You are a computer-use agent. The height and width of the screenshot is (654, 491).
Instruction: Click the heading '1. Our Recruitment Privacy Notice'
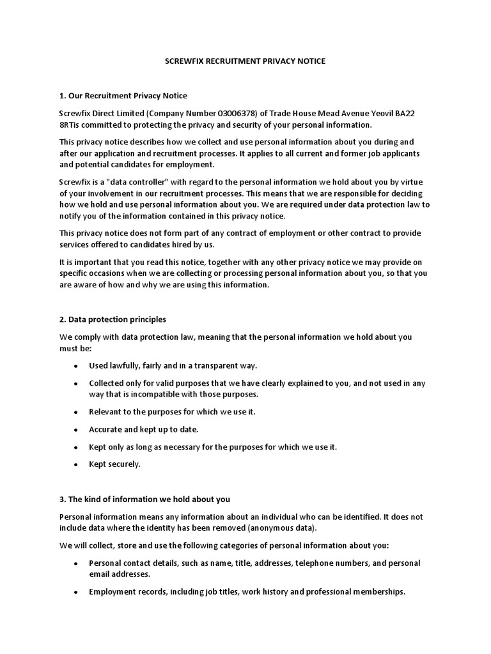(x=123, y=96)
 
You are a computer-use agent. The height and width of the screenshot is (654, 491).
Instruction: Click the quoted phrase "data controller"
(x=132, y=182)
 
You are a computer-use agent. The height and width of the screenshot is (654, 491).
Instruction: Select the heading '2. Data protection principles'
(x=113, y=319)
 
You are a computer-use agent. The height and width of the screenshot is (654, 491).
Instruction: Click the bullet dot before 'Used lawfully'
(x=76, y=366)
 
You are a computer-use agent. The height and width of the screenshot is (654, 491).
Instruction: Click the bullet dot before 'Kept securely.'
(x=76, y=465)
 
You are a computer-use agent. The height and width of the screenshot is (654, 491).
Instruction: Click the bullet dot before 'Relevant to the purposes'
(x=76, y=412)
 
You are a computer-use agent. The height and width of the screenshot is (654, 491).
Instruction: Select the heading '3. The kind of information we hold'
(x=144, y=499)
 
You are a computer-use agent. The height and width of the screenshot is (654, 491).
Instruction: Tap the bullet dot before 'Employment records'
(x=76, y=593)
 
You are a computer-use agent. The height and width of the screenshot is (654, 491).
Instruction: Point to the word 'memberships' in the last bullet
(x=381, y=592)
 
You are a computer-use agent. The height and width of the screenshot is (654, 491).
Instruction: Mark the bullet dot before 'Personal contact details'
(x=76, y=564)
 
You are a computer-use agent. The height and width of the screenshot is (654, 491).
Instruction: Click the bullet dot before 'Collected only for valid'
(x=76, y=384)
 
